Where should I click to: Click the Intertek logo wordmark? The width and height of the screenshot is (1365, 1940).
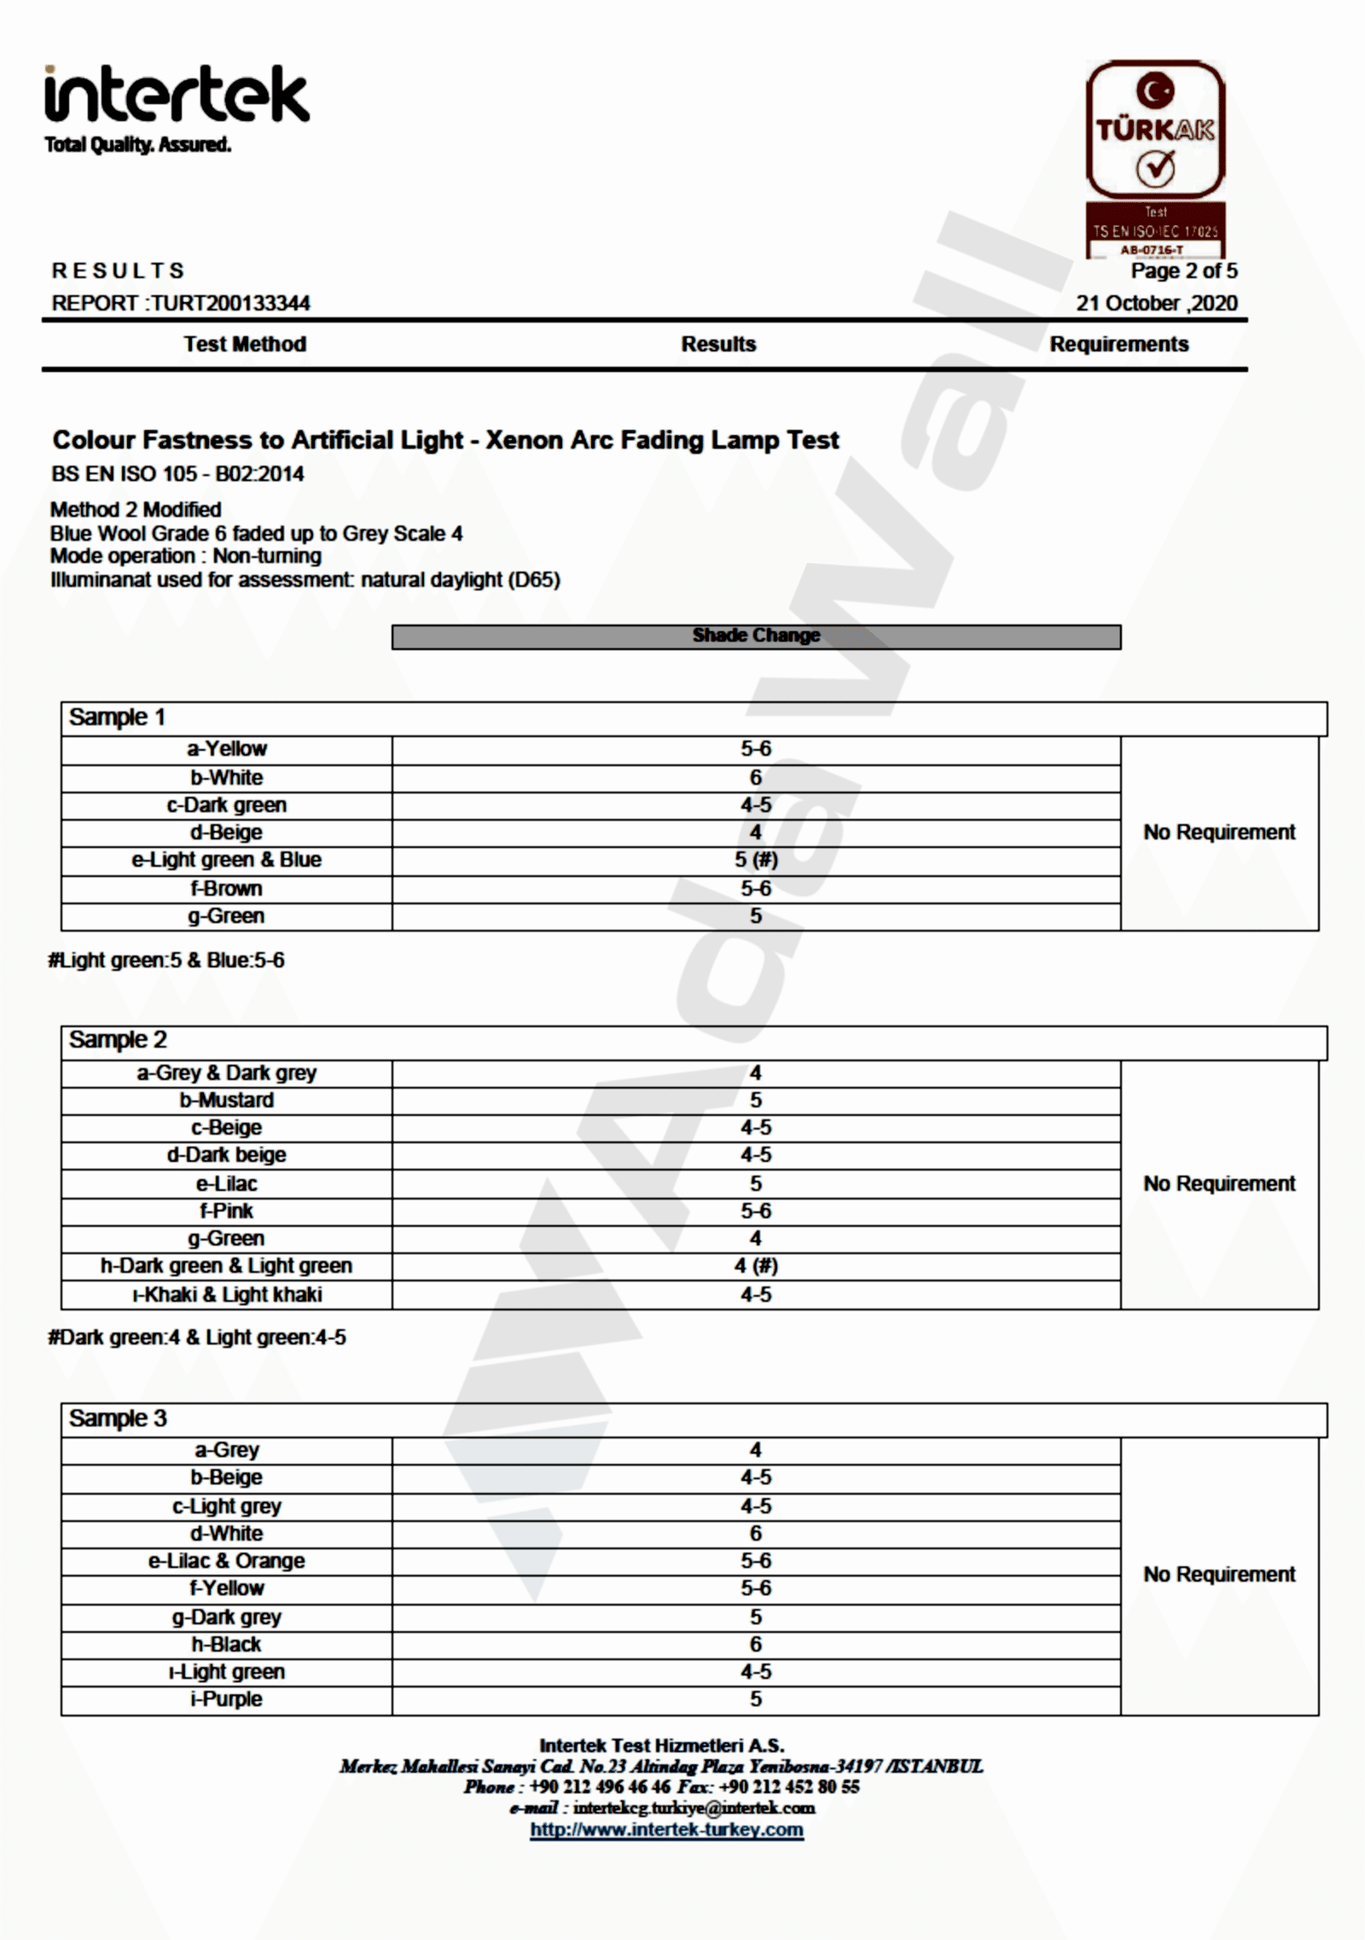(177, 96)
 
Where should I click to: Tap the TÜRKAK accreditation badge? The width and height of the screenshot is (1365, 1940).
(1155, 158)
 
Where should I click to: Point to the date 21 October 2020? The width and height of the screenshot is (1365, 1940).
(1156, 303)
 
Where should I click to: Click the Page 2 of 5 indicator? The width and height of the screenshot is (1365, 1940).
(1183, 270)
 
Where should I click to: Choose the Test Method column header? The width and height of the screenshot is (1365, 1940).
(245, 344)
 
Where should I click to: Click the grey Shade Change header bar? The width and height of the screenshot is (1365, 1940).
(756, 636)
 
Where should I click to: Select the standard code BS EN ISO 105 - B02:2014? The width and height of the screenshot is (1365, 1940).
(177, 473)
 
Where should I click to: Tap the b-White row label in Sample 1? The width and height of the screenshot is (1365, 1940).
(226, 777)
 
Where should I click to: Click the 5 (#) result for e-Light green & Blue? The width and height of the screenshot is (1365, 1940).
(756, 859)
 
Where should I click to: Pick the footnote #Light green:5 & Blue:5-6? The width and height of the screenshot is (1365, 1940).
(166, 960)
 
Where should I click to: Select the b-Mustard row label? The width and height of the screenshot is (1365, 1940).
(226, 1100)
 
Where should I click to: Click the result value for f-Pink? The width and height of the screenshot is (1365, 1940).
(756, 1211)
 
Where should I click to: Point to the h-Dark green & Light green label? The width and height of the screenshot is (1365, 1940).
(226, 1265)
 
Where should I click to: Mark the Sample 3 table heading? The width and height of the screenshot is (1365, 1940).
(118, 1418)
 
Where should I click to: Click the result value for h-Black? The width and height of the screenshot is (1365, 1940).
(756, 1644)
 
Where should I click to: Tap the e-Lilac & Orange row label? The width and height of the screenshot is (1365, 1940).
(226, 1560)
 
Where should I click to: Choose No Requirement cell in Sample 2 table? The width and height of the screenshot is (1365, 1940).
(1219, 1183)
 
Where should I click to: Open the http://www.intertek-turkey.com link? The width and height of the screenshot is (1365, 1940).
(666, 1829)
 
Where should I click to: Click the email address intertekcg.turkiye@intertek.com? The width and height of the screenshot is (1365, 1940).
(694, 1807)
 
